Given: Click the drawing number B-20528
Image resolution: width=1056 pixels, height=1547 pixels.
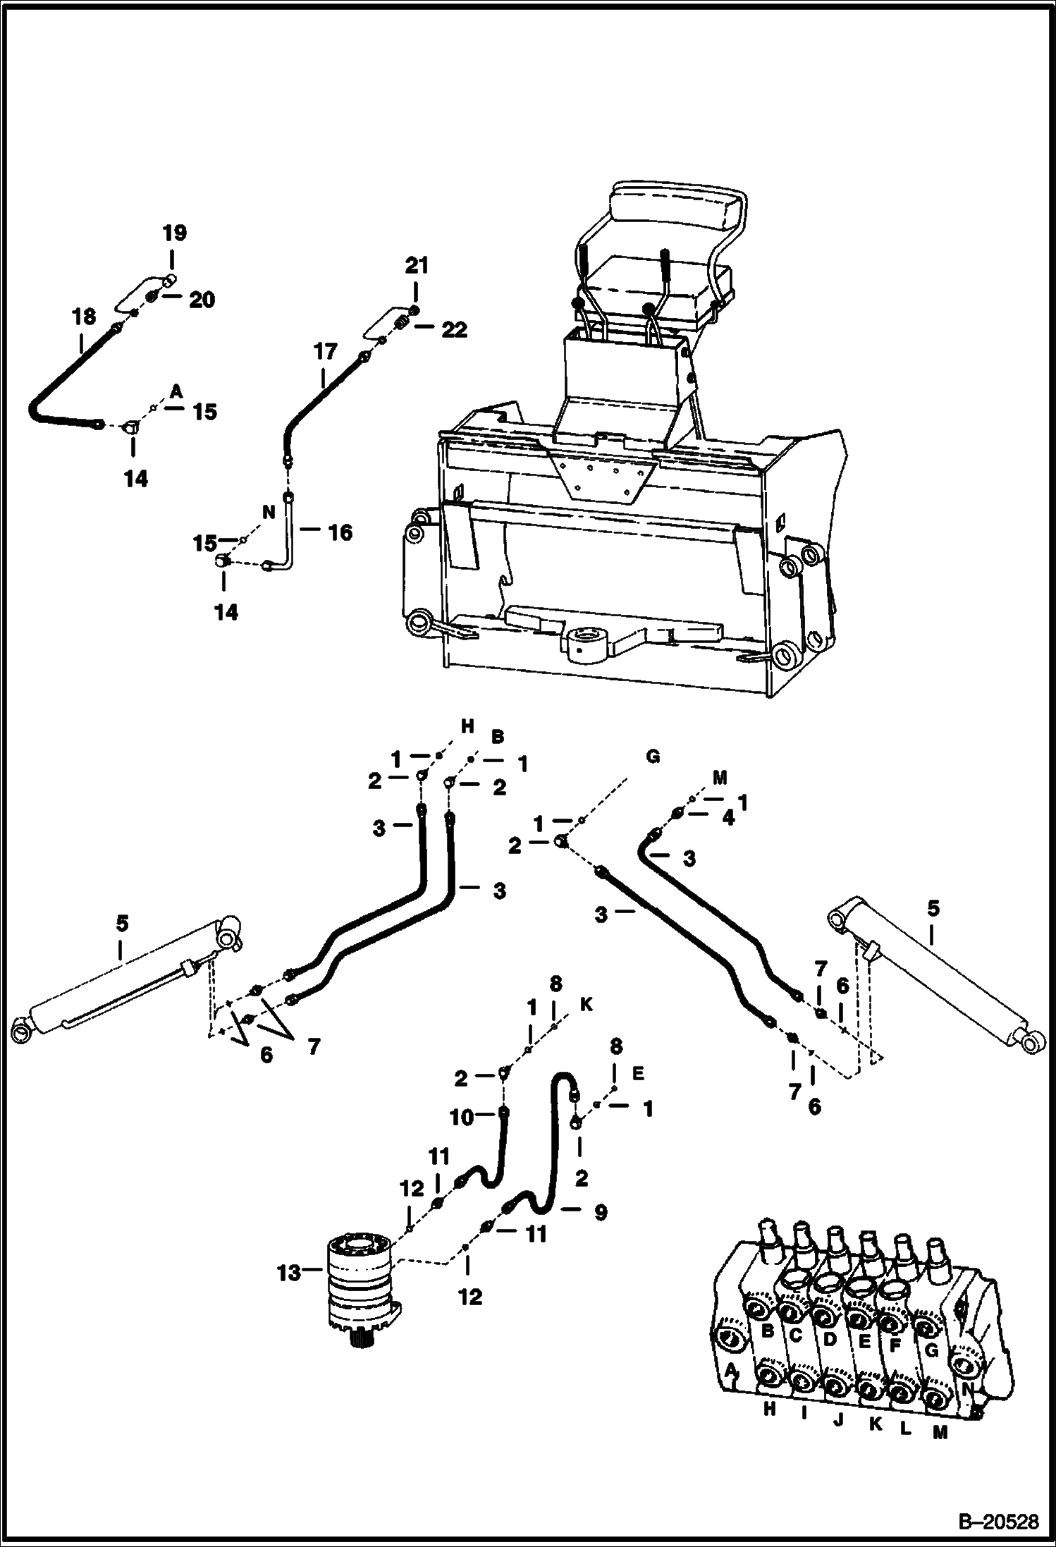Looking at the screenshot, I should [999, 1519].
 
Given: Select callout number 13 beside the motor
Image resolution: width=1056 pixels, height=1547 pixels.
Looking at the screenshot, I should [289, 1272].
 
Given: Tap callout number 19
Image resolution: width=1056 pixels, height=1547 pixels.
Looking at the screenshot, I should [175, 233].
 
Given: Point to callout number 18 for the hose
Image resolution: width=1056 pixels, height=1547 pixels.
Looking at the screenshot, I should [84, 317].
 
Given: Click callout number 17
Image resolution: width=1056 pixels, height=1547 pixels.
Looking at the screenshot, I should [326, 351].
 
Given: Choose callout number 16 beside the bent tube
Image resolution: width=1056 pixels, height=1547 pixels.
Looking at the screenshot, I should [340, 532].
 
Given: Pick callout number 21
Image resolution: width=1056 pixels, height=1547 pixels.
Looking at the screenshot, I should [416, 267].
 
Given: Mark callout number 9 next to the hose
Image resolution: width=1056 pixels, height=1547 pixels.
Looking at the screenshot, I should [600, 1212].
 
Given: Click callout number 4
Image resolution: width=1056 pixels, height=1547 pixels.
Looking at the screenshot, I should [727, 819].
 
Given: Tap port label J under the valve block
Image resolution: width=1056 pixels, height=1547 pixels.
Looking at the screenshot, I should [838, 1420].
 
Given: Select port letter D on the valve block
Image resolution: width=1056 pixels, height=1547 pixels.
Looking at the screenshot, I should [830, 1338].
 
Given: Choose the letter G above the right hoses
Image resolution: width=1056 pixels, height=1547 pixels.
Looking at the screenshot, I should [653, 757].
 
